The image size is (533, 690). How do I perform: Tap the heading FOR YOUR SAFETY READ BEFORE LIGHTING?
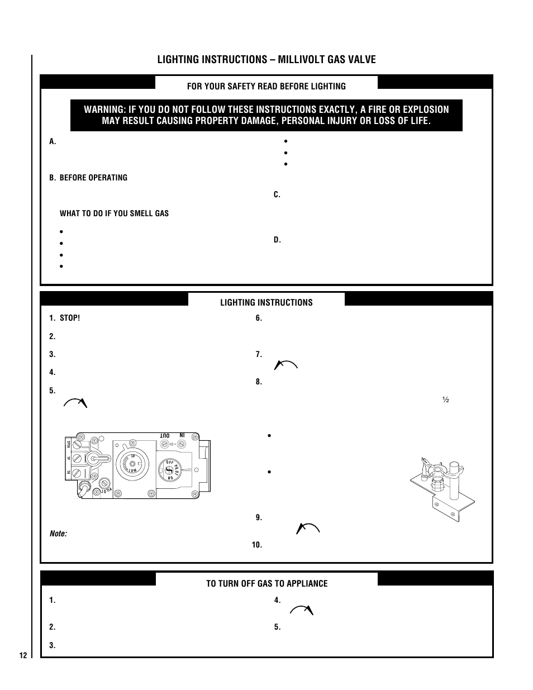(266, 86)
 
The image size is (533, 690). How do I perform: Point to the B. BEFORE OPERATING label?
(88, 178)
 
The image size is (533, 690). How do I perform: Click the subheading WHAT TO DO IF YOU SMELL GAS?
(114, 213)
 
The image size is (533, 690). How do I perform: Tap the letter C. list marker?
(277, 194)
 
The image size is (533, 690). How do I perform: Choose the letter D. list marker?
(277, 240)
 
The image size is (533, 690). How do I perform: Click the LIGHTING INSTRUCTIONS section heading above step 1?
(266, 302)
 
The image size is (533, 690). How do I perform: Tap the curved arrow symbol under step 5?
(75, 403)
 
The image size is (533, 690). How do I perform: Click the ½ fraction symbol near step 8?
(446, 400)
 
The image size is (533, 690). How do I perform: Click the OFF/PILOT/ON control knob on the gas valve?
(168, 470)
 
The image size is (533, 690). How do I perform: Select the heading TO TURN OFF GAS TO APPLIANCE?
(266, 583)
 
